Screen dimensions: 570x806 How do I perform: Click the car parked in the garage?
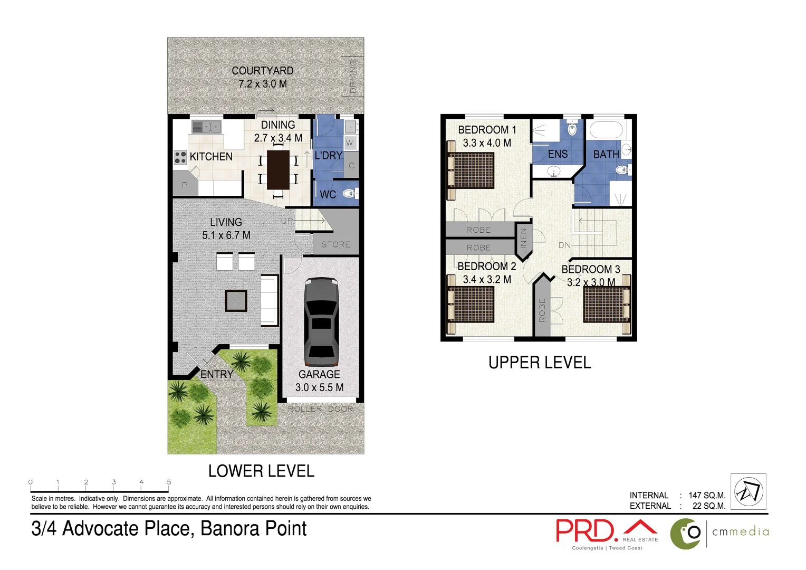[x=321, y=322]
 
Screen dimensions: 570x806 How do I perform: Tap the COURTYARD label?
[x=263, y=71]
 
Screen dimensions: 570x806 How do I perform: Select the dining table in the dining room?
[x=278, y=170]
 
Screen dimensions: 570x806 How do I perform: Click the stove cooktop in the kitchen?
[x=180, y=157]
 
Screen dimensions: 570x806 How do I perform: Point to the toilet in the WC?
[x=349, y=194]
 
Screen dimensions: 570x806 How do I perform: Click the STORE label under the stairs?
[x=335, y=244]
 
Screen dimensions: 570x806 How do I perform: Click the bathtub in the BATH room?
[x=606, y=130]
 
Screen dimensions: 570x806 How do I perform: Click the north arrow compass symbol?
[x=749, y=491]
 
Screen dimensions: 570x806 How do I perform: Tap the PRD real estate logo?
[x=607, y=532]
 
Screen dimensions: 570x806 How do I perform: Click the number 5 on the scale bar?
[x=169, y=482]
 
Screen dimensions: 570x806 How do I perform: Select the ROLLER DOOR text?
[x=320, y=409]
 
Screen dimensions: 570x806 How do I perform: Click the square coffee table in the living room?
[x=236, y=301]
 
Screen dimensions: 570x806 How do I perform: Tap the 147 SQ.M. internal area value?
[x=707, y=495]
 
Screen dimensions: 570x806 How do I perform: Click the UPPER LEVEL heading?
[x=539, y=363]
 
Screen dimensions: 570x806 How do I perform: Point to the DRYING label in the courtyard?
[x=353, y=77]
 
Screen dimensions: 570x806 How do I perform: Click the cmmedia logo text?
[x=740, y=532]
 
